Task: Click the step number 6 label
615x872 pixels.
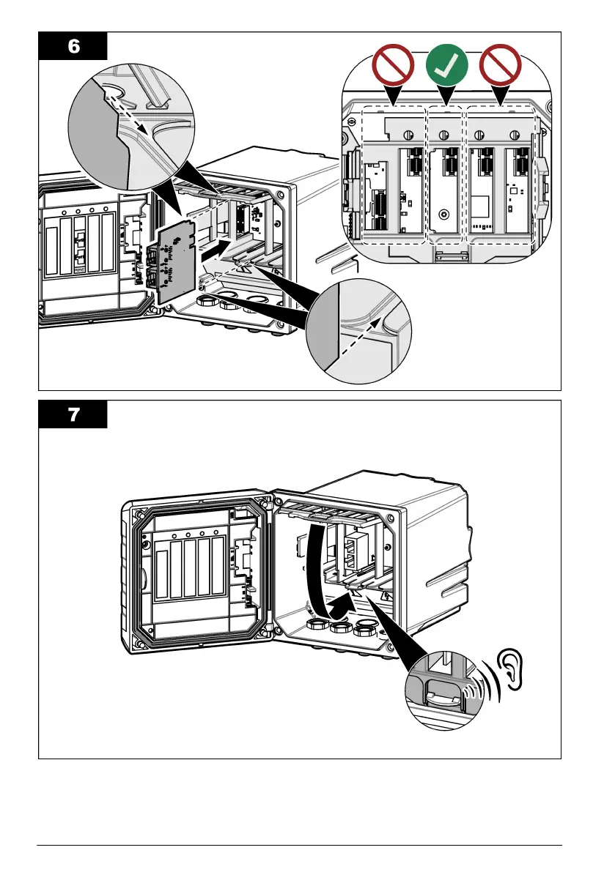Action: click(73, 45)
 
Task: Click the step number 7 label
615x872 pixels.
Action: click(73, 414)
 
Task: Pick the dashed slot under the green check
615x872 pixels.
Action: click(445, 176)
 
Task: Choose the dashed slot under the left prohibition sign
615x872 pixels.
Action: click(394, 176)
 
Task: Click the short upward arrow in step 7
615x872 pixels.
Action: click(339, 604)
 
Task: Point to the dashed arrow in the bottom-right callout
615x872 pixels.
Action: click(359, 340)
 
